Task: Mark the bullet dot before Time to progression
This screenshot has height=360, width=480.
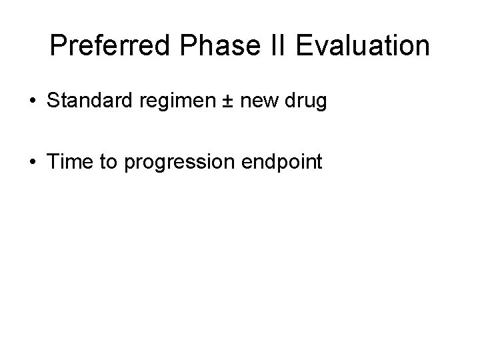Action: pos(32,161)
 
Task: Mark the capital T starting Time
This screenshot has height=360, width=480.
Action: pos(53,161)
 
